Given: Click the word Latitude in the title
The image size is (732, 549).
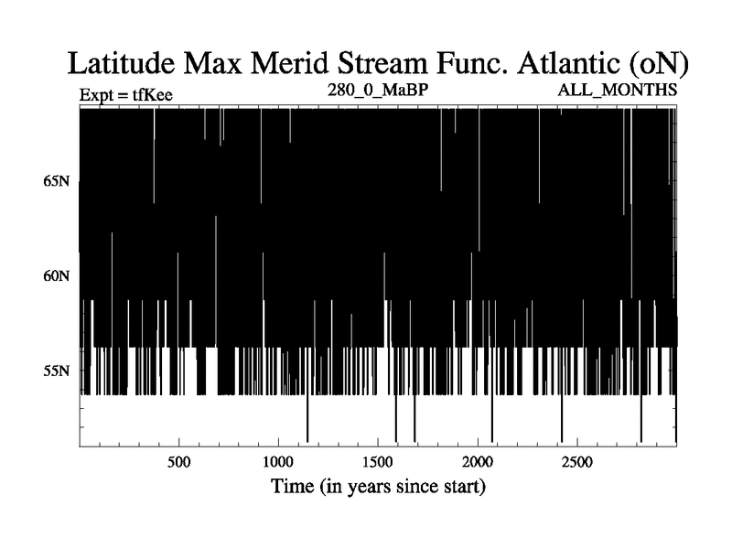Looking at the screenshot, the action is [122, 63].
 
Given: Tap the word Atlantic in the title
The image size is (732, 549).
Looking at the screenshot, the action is [568, 63].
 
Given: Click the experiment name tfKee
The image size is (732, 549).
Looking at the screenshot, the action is [153, 95].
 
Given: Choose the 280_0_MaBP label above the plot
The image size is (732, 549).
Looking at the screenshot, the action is [378, 89].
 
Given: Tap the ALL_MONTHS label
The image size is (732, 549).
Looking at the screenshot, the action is [617, 89].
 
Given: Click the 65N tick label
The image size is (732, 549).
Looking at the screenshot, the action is [57, 180].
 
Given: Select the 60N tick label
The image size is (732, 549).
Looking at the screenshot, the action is [57, 276].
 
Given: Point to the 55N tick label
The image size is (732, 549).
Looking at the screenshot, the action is [57, 371].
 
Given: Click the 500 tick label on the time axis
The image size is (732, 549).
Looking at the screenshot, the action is [178, 462].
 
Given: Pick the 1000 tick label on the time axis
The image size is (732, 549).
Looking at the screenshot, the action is [278, 462].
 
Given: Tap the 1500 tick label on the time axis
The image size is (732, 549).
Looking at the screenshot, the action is [378, 462].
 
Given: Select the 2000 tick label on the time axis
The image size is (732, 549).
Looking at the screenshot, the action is [478, 462].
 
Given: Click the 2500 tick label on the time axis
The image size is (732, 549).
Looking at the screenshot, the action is [577, 462].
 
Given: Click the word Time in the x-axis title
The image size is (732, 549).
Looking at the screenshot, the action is [293, 486].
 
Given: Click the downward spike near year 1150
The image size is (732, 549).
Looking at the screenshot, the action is [307, 418].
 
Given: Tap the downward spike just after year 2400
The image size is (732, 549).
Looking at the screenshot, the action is [562, 418].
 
